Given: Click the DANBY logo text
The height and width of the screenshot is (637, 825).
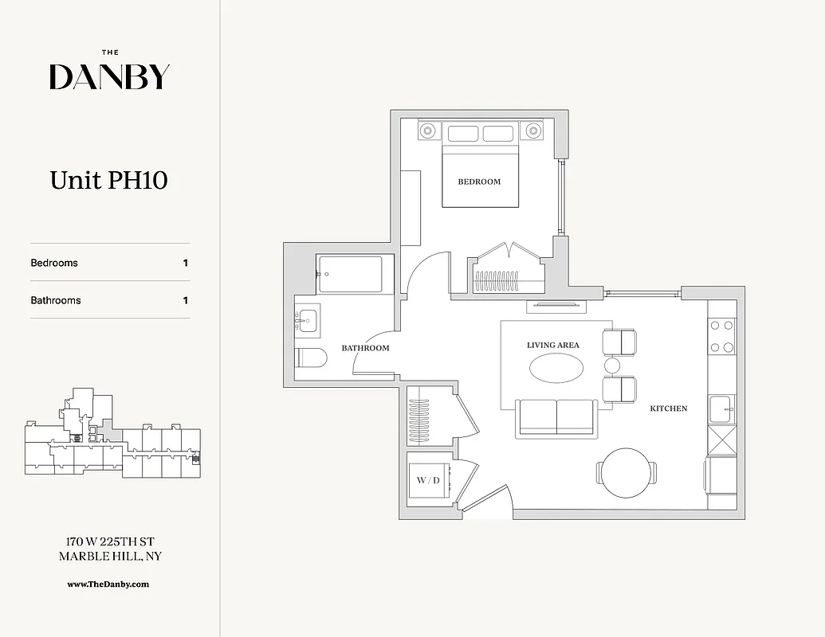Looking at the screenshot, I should tap(109, 76).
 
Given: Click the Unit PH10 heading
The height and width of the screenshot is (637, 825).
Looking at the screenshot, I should tap(109, 180).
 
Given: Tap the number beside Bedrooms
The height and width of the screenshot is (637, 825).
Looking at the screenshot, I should tap(186, 263).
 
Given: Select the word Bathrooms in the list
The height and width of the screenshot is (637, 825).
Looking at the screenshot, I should tap(56, 300).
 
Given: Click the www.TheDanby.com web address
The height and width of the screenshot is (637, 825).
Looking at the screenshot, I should tap(108, 584).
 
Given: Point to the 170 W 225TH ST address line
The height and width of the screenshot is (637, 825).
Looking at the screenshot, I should tap(109, 542).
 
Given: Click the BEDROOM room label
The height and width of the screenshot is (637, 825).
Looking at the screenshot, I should tap(479, 182).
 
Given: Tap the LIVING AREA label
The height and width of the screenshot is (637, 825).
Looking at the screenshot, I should tap(552, 346).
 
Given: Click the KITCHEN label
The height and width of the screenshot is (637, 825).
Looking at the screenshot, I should tap(668, 408).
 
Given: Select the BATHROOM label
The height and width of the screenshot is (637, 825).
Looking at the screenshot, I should tap(365, 348).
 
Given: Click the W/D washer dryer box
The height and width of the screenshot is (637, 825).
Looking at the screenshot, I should tap(428, 480).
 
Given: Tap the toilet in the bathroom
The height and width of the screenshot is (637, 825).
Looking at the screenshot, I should tap(310, 359).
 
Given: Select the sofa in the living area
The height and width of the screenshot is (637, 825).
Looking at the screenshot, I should tap(556, 417).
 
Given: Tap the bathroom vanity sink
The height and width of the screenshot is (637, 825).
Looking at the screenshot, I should tap(307, 320).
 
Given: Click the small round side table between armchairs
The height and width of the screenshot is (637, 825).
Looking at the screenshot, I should tap(612, 365).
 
